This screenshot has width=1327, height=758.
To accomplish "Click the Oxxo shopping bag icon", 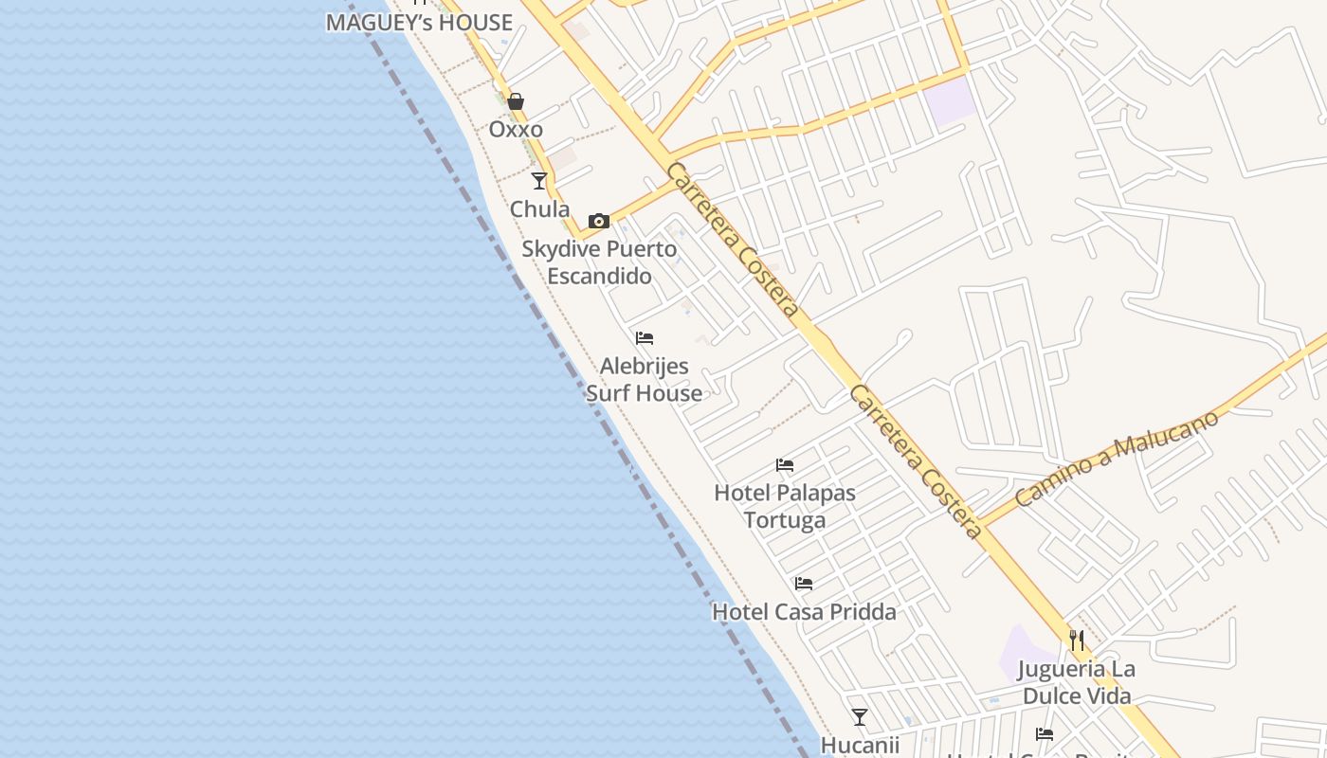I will (x=516, y=101).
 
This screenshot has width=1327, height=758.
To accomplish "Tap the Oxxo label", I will (x=516, y=129).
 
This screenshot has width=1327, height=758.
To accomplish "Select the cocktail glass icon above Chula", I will (x=539, y=180).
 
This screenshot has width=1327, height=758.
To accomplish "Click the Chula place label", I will (x=539, y=208).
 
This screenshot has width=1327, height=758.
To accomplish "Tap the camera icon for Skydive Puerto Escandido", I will (x=599, y=222).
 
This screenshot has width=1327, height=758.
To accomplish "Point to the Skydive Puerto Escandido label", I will (x=599, y=262).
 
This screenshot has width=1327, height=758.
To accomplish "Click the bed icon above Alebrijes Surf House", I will (x=645, y=338).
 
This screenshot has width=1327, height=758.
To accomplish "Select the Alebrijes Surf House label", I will (x=645, y=379).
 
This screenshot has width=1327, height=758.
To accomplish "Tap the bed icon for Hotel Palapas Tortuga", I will (x=785, y=465).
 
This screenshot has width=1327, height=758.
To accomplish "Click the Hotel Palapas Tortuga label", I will (x=785, y=506).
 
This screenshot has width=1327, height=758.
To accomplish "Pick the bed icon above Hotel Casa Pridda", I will (x=804, y=584).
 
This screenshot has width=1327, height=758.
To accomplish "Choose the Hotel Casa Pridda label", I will (x=804, y=612).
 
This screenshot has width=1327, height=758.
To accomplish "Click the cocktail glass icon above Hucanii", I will (x=860, y=717).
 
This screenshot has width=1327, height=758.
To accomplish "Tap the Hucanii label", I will (x=860, y=745).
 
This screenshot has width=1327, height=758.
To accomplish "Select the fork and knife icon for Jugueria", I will (x=1077, y=641).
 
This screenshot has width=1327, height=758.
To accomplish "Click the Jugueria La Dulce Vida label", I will (x=1077, y=682).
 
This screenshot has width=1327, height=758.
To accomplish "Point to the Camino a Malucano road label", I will (x=1116, y=459).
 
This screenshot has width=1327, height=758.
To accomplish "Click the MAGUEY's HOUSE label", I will (x=419, y=23).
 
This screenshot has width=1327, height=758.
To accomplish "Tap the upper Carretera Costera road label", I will (x=732, y=240).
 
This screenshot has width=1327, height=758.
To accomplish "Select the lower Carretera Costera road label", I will (x=916, y=461).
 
